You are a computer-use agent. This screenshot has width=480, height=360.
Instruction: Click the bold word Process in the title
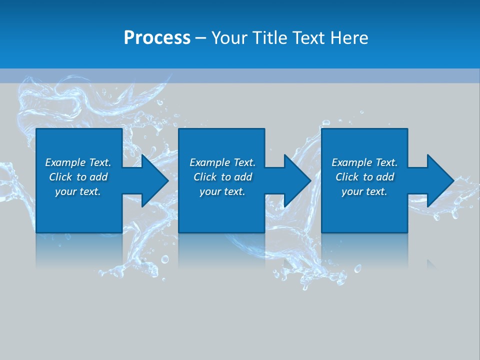point(157,37)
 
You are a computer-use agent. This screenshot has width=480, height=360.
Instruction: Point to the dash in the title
point(200,38)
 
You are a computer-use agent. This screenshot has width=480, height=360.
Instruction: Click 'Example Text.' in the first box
point(78,162)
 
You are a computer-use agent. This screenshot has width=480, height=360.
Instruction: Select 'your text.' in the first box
point(78,191)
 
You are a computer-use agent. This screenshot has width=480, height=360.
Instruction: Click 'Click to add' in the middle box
point(222,177)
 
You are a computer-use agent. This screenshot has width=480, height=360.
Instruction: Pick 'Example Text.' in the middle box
point(222,162)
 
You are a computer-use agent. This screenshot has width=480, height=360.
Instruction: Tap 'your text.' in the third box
point(364,191)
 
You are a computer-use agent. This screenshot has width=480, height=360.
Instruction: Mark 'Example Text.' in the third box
point(364,162)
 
